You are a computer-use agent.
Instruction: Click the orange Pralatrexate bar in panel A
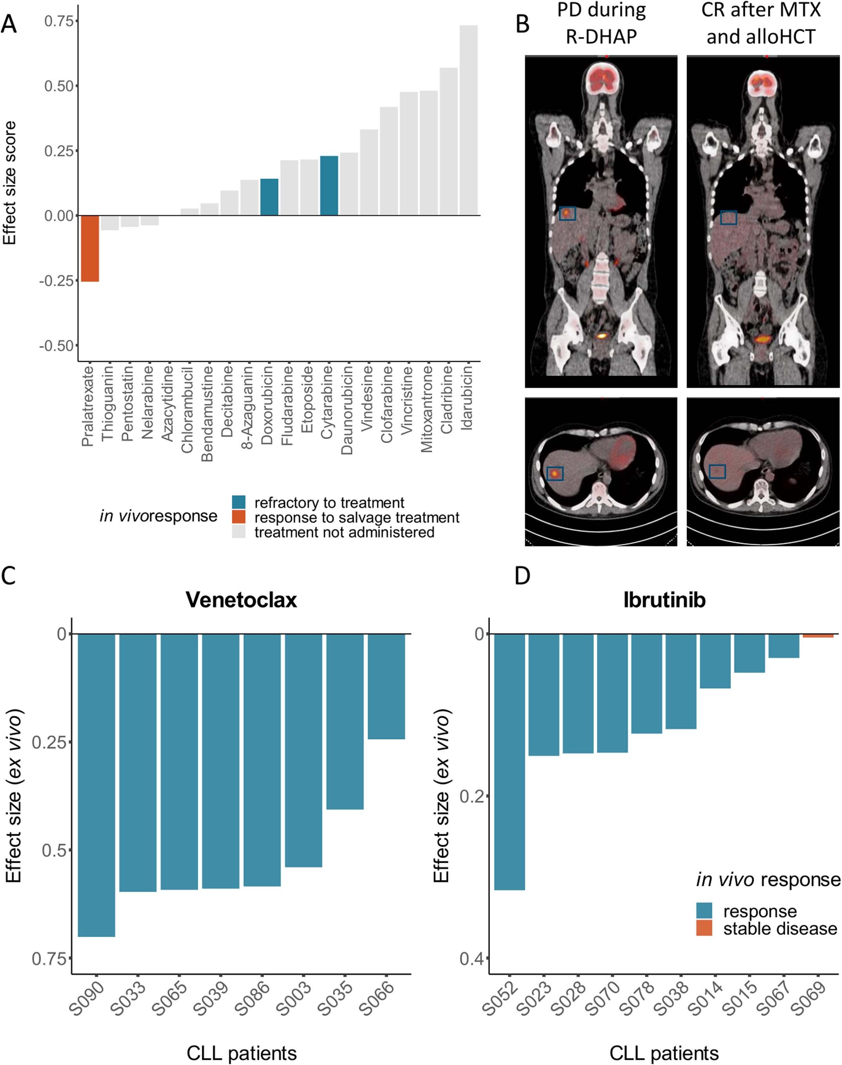pos(90,249)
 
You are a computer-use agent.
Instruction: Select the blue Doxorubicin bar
pos(269,197)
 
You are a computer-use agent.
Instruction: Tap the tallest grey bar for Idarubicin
pos(468,120)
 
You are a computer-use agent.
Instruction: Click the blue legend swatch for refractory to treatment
pos(239,502)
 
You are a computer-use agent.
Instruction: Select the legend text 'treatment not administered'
pos(344,532)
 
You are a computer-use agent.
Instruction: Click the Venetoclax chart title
pos(241,600)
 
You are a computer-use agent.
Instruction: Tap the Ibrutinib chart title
pos(664,600)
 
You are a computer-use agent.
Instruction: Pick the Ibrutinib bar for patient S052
pos(509,762)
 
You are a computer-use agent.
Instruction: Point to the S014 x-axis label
pos(705,997)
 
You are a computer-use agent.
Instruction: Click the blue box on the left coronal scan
pos(568,213)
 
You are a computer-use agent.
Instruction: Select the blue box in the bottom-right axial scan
pos(717,471)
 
